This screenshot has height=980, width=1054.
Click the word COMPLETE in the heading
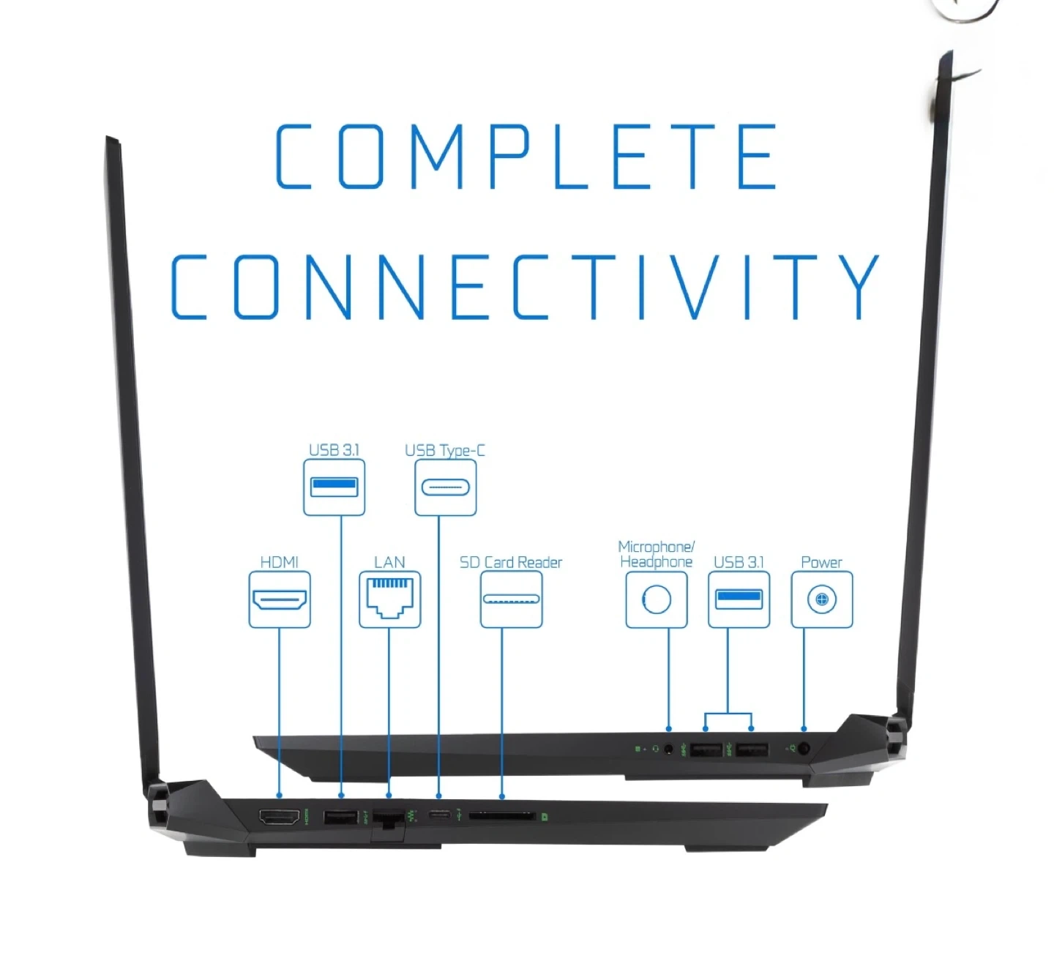tap(526, 156)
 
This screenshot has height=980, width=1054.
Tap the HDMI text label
tap(280, 562)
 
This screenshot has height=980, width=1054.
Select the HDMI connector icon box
tap(280, 599)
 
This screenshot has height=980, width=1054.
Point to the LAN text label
tap(389, 562)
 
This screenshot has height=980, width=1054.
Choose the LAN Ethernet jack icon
tap(390, 599)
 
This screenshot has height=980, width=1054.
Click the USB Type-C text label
tap(445, 450)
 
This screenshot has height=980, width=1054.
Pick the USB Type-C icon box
tap(445, 487)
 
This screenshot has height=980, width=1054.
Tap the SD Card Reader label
tap(511, 562)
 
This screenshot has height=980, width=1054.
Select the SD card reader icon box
tap(511, 599)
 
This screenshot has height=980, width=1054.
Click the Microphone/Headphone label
tap(656, 554)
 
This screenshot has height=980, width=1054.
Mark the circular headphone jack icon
tap(657, 599)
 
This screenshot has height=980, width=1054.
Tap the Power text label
tap(821, 562)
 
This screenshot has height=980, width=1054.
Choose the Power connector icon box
tap(822, 599)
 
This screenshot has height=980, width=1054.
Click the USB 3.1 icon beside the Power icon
tap(739, 599)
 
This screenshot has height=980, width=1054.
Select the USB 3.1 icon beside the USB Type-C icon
tap(334, 487)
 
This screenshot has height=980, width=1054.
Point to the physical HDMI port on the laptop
tap(280, 816)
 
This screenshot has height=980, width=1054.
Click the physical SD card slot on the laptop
tap(502, 815)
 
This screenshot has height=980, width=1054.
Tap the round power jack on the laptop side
tap(804, 749)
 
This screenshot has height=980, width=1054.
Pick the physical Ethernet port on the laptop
tap(388, 817)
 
